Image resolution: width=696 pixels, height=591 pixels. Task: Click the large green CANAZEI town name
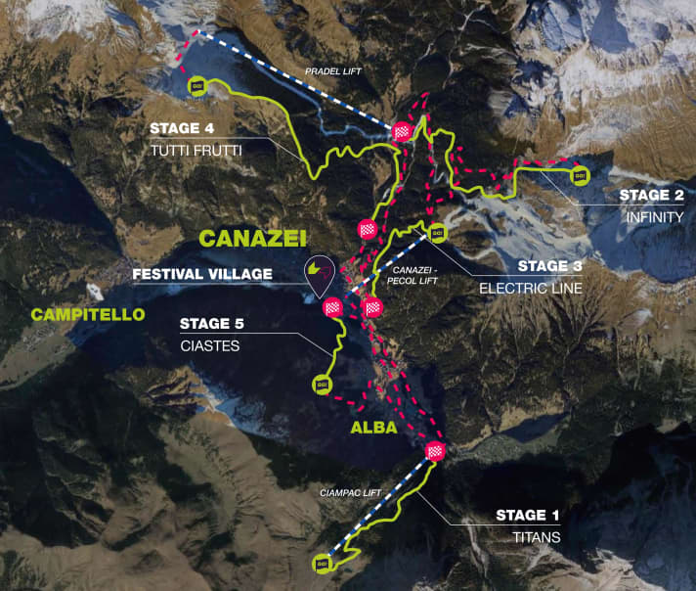(x=253, y=238)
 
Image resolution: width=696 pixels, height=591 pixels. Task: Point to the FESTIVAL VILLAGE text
(x=202, y=275)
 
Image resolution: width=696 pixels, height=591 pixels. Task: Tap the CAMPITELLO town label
(x=88, y=314)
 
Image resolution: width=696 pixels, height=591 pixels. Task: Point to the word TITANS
(x=529, y=537)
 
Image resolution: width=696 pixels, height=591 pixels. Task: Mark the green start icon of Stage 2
(x=579, y=175)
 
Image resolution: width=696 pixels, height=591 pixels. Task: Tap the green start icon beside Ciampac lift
(x=323, y=563)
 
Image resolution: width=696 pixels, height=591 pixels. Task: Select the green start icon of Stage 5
(x=322, y=385)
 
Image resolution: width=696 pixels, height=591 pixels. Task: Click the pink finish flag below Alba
(x=436, y=451)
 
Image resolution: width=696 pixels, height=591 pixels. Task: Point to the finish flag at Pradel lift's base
(x=402, y=133)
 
